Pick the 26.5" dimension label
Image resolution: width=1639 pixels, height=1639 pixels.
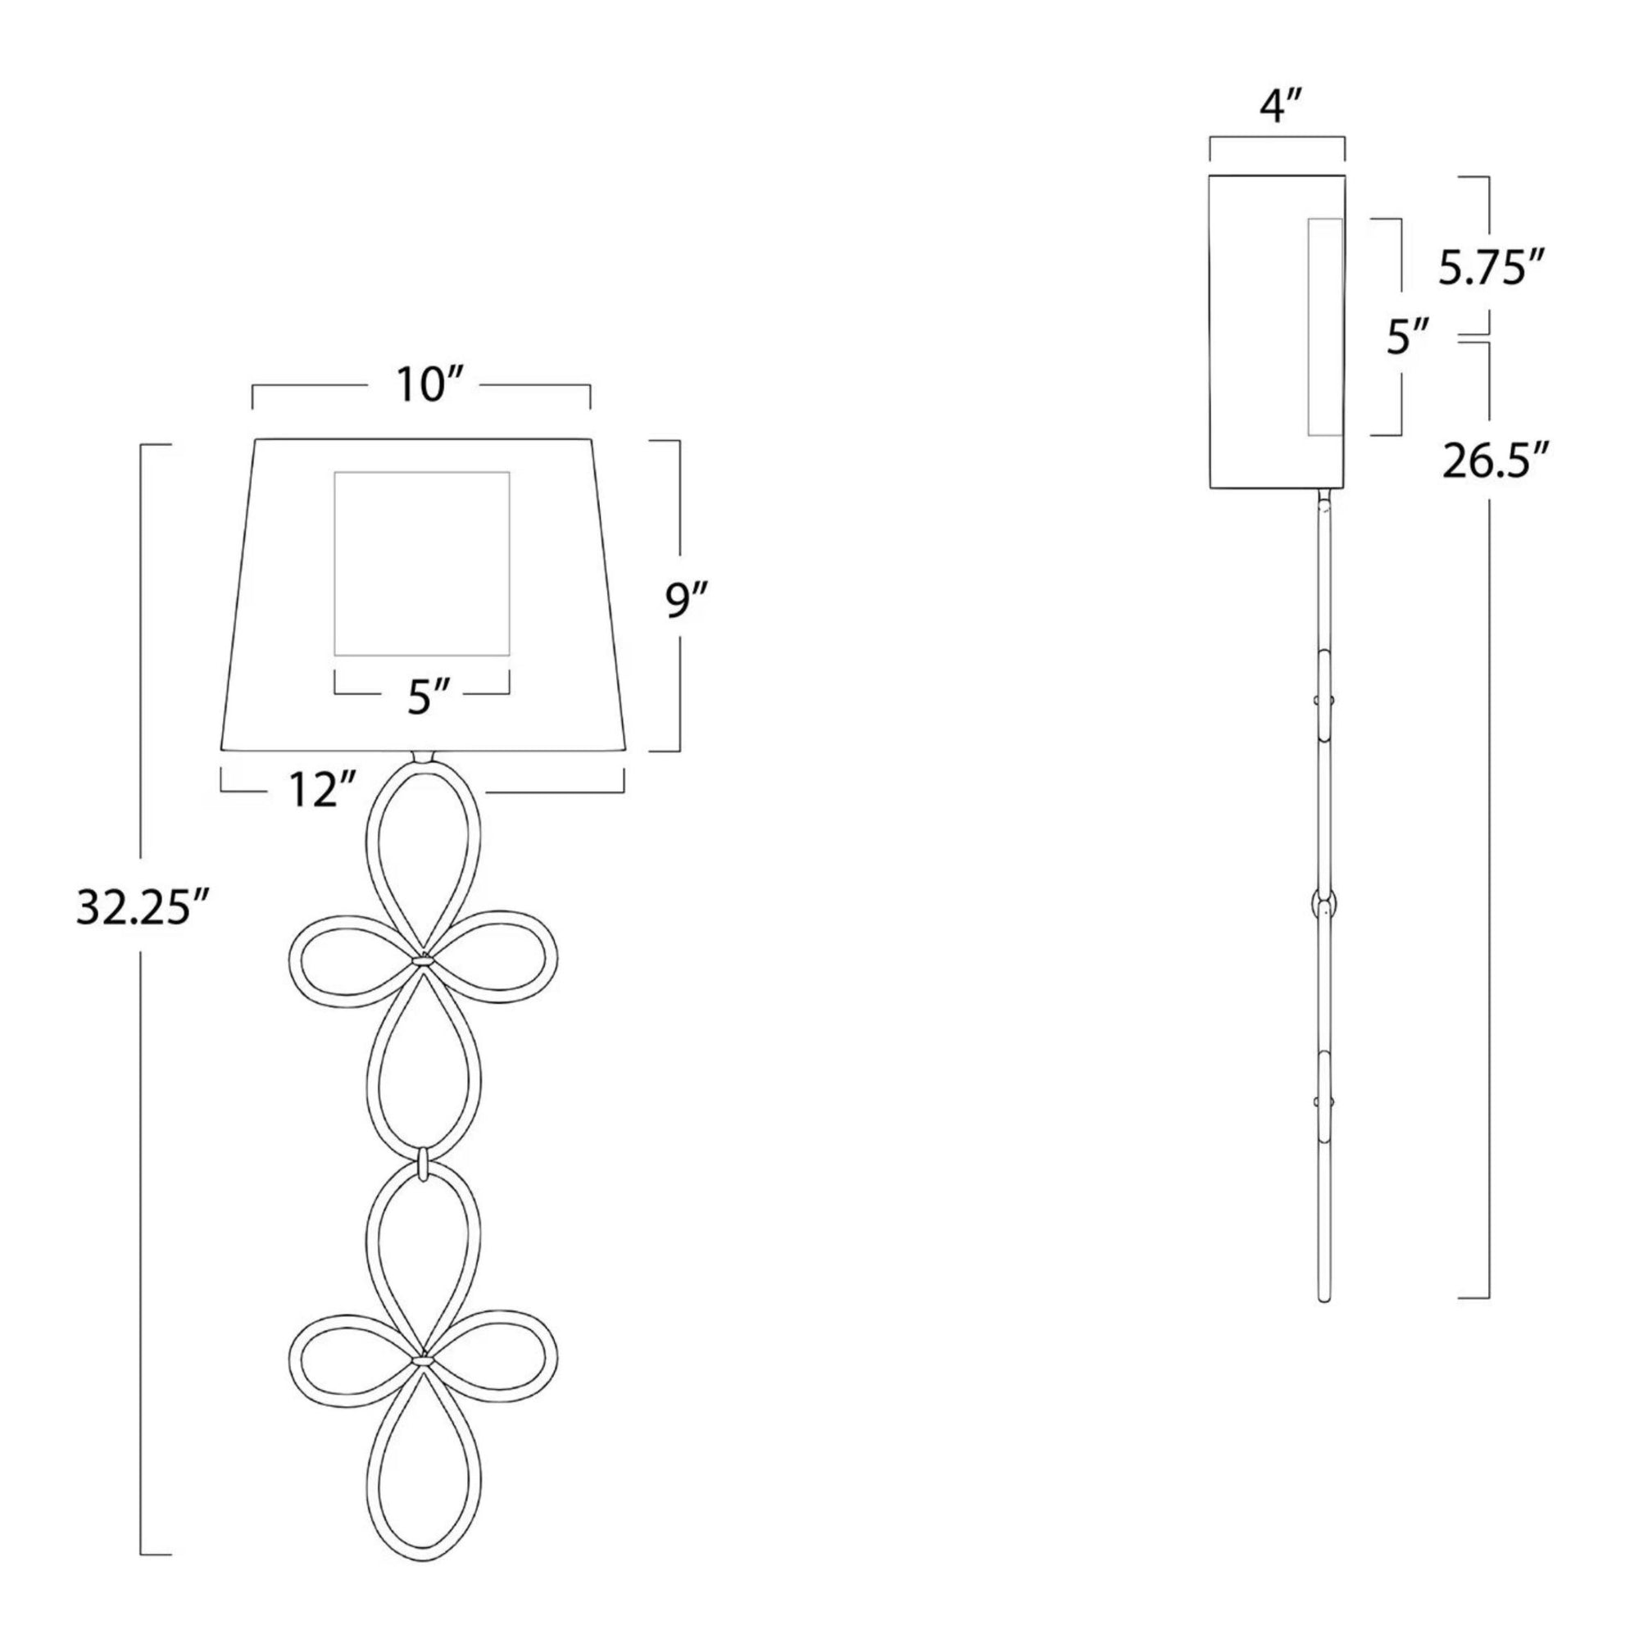click(x=1496, y=464)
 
